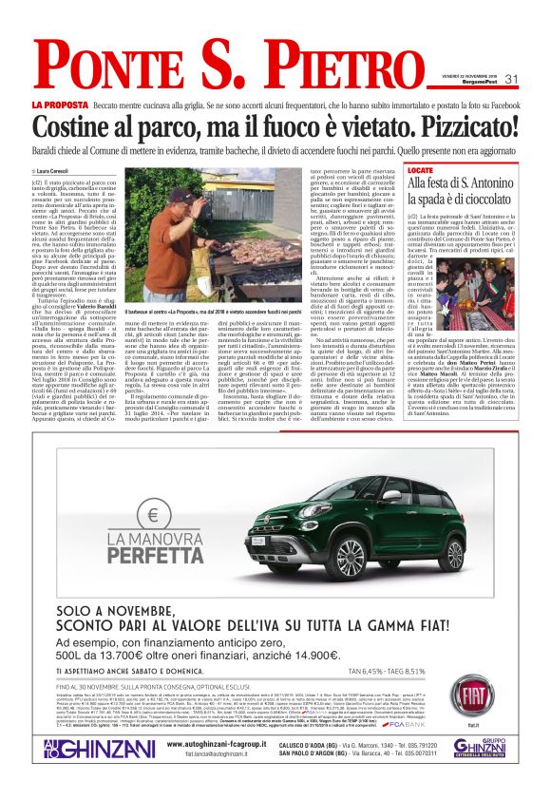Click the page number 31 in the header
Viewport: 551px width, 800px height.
(512, 78)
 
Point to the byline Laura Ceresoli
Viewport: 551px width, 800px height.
(58, 170)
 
